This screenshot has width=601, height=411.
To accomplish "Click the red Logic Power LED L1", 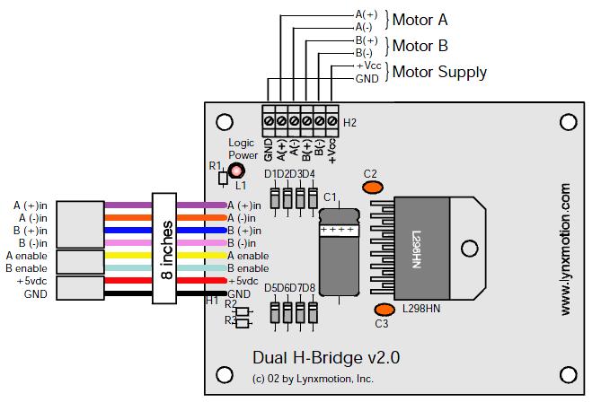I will [x=236, y=171].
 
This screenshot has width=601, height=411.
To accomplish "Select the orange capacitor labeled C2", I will [x=372, y=187].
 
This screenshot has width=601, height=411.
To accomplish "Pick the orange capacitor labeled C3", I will [x=383, y=310].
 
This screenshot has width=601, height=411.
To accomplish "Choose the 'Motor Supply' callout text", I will [x=440, y=72].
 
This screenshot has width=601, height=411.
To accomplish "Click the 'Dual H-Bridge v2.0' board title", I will [x=326, y=357].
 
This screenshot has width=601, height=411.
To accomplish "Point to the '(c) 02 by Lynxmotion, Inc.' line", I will [x=314, y=379].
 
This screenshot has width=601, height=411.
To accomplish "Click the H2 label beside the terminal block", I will [x=350, y=123].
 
